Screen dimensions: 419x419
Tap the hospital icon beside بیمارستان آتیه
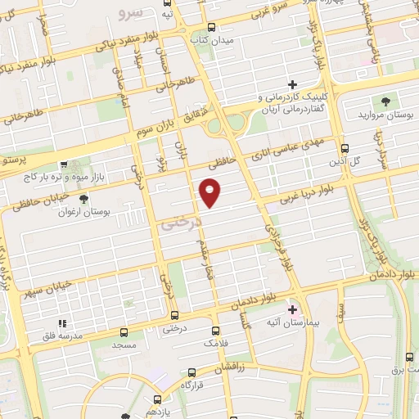click(x=294, y=310)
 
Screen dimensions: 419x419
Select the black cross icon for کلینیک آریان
click(x=292, y=84)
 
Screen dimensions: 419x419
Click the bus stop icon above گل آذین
click(x=345, y=149)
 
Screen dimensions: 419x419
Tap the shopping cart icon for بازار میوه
click(x=65, y=164)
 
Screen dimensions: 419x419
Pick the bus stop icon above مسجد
click(x=124, y=332)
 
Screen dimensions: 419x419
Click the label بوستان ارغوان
click(x=86, y=212)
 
